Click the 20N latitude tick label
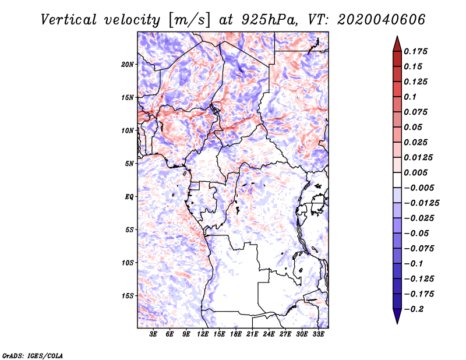128,64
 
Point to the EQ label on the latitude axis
129,196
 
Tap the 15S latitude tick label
128,295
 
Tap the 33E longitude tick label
319,334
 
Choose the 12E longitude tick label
203,334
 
